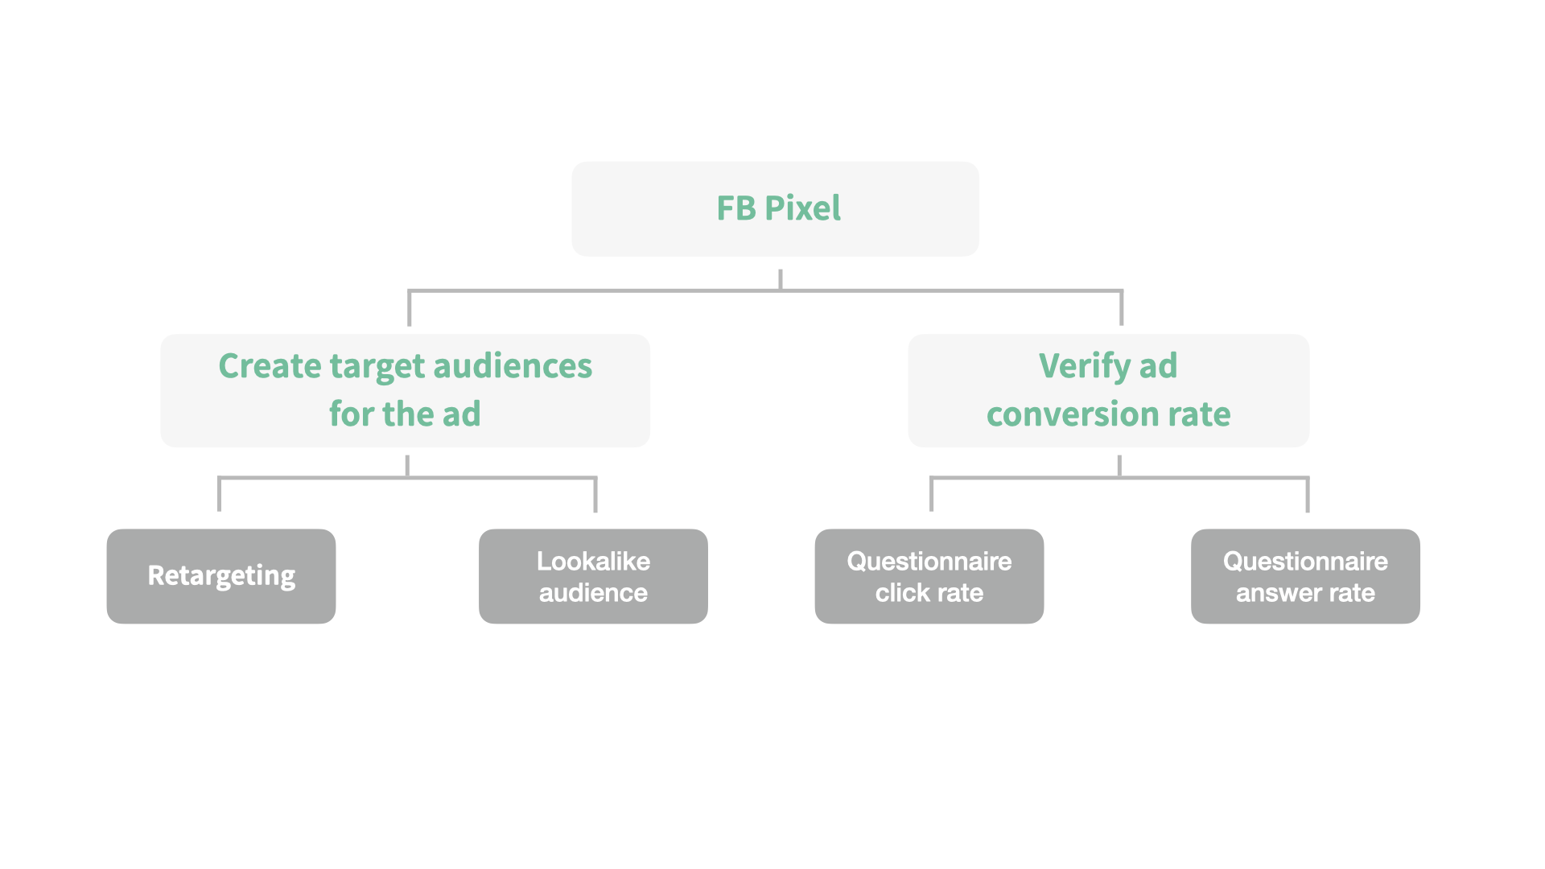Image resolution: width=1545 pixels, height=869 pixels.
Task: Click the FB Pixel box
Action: pyautogui.click(x=774, y=208)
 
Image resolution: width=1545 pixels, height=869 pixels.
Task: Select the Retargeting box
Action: pyautogui.click(x=221, y=576)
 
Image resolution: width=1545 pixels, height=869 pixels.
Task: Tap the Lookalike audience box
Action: pyautogui.click(x=593, y=576)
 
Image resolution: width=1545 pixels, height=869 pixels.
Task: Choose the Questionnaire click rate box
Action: pyautogui.click(x=929, y=576)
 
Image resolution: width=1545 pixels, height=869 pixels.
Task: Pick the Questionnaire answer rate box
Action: pyautogui.click(x=1305, y=576)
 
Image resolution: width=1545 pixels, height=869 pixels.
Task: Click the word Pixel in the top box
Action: pyautogui.click(x=802, y=208)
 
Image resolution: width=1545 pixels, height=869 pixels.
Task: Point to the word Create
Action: pyautogui.click(x=270, y=367)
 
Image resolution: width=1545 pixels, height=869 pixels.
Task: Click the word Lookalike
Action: pyautogui.click(x=593, y=561)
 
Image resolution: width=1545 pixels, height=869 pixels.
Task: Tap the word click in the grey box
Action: pyautogui.click(x=902, y=594)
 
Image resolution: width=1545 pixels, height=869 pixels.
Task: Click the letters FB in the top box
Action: pyautogui.click(x=736, y=208)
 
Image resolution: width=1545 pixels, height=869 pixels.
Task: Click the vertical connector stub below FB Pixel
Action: pyautogui.click(x=780, y=278)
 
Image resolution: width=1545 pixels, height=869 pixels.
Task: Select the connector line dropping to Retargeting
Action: pyautogui.click(x=219, y=495)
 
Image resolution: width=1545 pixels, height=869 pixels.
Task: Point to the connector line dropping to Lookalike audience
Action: pyautogui.click(x=595, y=495)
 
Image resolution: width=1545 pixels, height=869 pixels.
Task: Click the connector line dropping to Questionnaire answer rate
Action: pyautogui.click(x=1308, y=495)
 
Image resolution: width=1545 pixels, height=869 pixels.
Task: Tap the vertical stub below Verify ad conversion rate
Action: pyautogui.click(x=1119, y=465)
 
